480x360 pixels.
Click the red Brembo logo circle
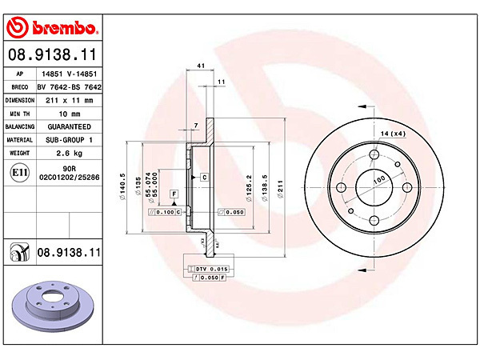coord(18,27)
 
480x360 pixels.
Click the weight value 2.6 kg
coord(69,153)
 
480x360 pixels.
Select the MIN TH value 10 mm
coord(70,114)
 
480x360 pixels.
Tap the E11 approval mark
coord(19,173)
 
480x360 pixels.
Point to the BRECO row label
coord(19,87)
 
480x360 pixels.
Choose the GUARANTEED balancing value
coord(69,126)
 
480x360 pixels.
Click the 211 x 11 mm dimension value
coord(69,101)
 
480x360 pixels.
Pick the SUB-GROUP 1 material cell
coord(69,140)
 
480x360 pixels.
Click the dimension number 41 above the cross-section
coord(201,66)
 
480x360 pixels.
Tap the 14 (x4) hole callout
coord(393,134)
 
